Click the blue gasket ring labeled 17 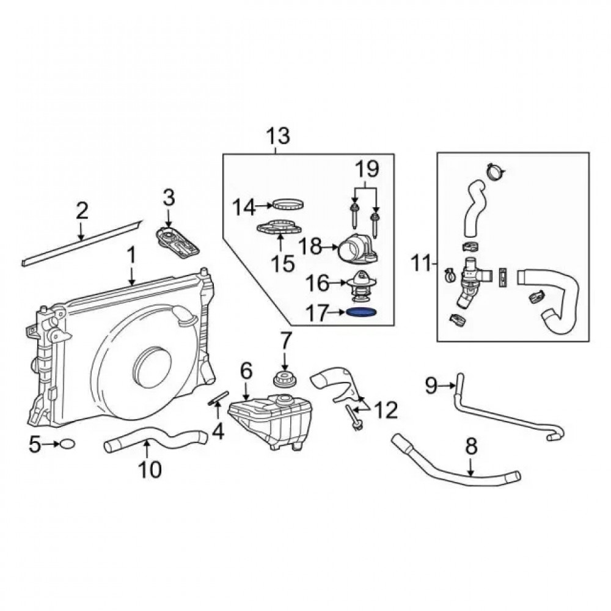click(x=360, y=312)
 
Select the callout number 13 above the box click(x=277, y=136)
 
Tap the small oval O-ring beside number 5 click(x=68, y=444)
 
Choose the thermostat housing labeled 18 click(x=360, y=248)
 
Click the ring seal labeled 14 click(x=288, y=204)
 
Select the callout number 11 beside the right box click(x=421, y=264)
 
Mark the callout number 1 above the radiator click(x=131, y=255)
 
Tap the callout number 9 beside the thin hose click(x=431, y=384)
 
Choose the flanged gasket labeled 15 click(x=279, y=229)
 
